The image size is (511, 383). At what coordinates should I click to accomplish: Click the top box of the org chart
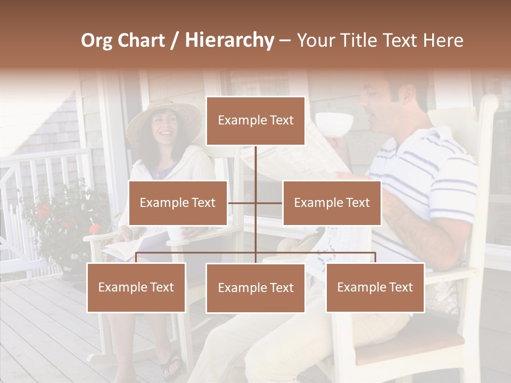[x=256, y=121]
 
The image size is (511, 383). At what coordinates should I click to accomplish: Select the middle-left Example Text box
[x=178, y=203]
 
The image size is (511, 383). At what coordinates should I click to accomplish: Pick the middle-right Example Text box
[x=332, y=203]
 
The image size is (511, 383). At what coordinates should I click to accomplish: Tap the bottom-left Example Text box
[x=136, y=287]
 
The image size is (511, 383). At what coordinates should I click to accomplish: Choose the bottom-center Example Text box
[x=256, y=288]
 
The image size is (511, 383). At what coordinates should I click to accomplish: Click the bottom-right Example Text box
[x=375, y=287]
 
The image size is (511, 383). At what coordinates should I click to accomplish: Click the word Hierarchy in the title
[x=229, y=40]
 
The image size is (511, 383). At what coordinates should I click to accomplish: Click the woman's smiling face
[x=164, y=127]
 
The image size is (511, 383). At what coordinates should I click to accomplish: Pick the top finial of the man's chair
[x=490, y=103]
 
